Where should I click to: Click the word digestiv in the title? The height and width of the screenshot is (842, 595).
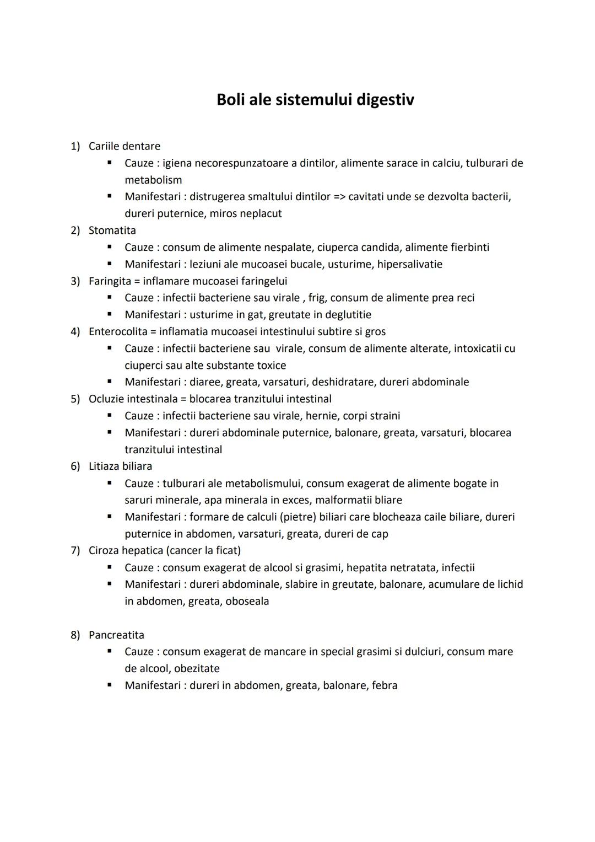(x=385, y=100)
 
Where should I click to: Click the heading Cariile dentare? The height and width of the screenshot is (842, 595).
(x=125, y=146)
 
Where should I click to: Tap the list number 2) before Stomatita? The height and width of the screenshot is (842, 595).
(x=75, y=230)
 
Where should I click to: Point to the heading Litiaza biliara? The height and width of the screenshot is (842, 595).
(x=120, y=466)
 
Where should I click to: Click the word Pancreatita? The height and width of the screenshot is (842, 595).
(x=116, y=635)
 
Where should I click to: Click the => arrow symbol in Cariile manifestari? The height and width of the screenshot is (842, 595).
(x=339, y=197)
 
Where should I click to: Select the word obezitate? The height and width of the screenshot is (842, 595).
(x=197, y=669)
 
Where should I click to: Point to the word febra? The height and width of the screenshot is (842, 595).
(x=385, y=686)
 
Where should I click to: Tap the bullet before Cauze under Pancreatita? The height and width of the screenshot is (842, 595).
(x=110, y=651)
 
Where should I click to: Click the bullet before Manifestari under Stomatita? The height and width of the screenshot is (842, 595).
(x=110, y=264)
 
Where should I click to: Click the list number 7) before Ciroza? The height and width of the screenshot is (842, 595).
(x=75, y=551)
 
